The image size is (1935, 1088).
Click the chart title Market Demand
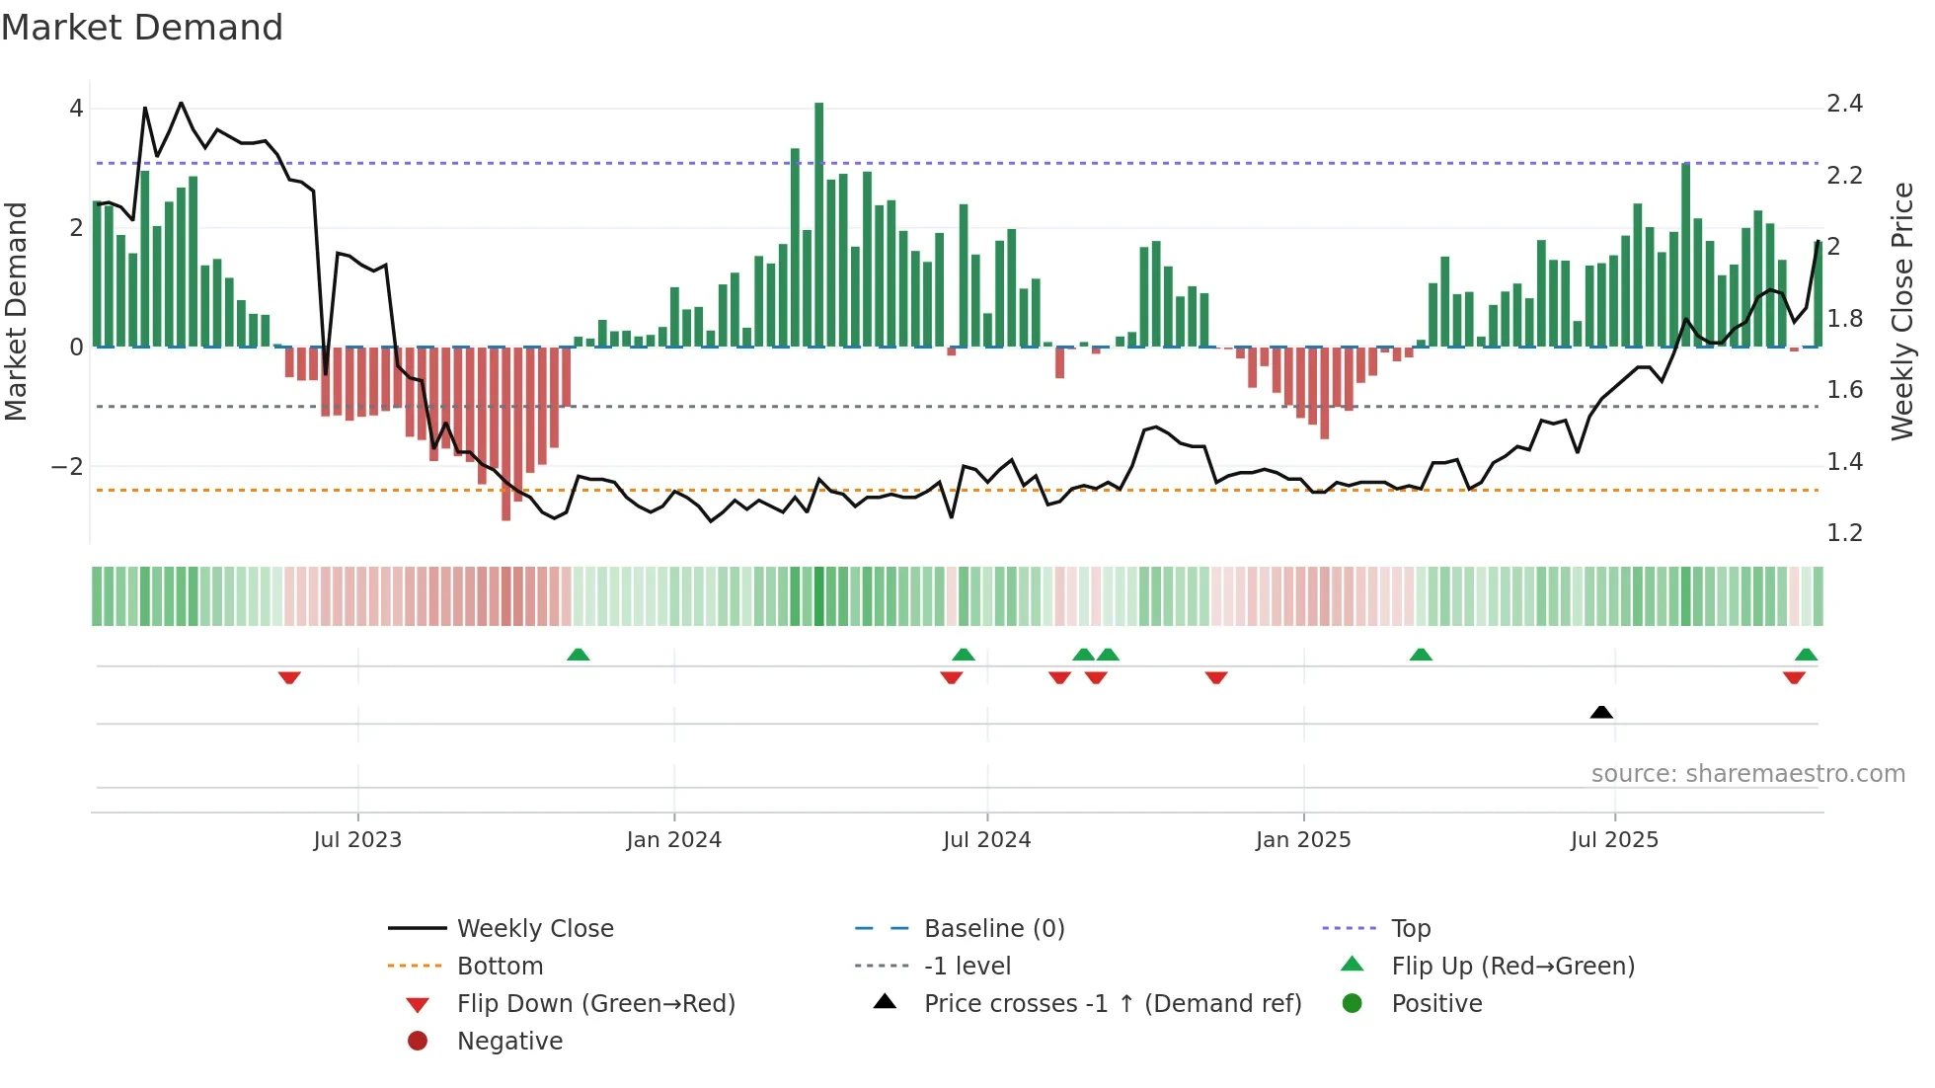tap(142, 28)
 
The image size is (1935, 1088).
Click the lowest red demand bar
tap(505, 434)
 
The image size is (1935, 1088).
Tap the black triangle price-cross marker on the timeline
tap(1601, 712)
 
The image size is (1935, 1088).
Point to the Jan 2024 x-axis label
tap(673, 840)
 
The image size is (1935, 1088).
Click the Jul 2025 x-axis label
tap(1614, 840)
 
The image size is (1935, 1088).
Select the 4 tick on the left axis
tap(76, 109)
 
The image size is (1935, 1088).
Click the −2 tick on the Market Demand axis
tap(67, 467)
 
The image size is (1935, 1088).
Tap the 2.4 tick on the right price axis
tap(1844, 104)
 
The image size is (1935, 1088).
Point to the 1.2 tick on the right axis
tap(1844, 533)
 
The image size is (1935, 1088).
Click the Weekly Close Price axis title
tap(1901, 311)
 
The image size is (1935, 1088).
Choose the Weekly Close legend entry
tap(534, 929)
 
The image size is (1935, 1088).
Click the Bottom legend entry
tap(500, 967)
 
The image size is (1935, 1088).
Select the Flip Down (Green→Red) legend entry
tap(595, 1004)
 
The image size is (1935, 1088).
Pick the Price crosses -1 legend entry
tap(1112, 1004)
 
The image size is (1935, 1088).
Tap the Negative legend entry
tap(509, 1042)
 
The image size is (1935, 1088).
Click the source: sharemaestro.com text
tap(1747, 774)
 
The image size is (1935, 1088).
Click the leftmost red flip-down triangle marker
tap(289, 677)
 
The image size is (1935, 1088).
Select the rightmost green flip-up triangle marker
tap(1806, 655)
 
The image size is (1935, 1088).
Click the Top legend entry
tap(1410, 929)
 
